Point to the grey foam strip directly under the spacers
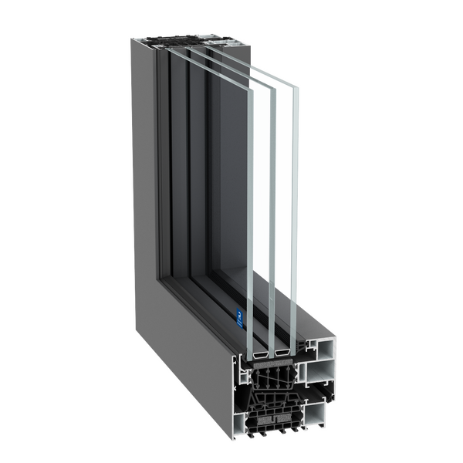pyautogui.click(x=272, y=361)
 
